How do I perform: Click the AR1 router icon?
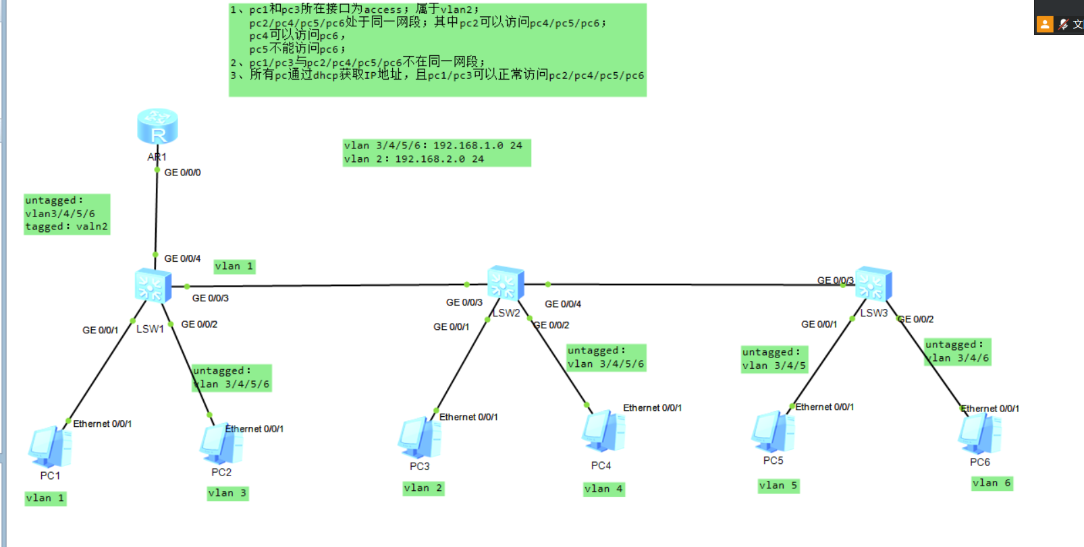[157, 126]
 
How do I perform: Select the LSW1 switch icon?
[153, 285]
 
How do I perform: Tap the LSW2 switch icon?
[506, 283]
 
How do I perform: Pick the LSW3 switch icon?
[873, 284]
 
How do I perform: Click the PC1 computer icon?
[50, 447]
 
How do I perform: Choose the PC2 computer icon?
[221, 444]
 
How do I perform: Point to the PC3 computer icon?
[420, 438]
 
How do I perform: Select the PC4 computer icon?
[603, 432]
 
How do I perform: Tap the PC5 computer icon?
[773, 432]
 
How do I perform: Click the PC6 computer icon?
[979, 434]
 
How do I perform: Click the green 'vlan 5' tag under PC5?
[778, 486]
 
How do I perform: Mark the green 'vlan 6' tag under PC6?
[992, 483]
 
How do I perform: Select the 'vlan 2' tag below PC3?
[423, 488]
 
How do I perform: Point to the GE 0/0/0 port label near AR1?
[182, 173]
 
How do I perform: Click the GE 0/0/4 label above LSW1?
[182, 259]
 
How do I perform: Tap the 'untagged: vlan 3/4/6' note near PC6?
[957, 351]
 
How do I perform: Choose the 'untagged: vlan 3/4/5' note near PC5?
[774, 359]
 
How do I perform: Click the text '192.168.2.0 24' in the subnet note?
[439, 159]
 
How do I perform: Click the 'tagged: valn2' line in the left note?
[66, 227]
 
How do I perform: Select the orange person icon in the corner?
[1045, 24]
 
